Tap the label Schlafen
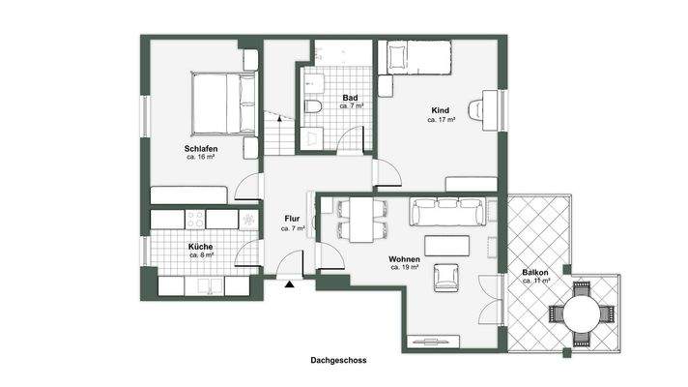[201, 148]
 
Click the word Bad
[352, 98]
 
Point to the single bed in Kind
[416, 58]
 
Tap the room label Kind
[441, 111]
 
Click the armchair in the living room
[446, 276]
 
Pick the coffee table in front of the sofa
[446, 245]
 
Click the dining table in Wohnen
[361, 221]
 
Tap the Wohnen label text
[404, 259]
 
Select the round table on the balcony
[581, 313]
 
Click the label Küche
[201, 248]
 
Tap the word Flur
[292, 219]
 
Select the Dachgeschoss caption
[338, 360]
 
